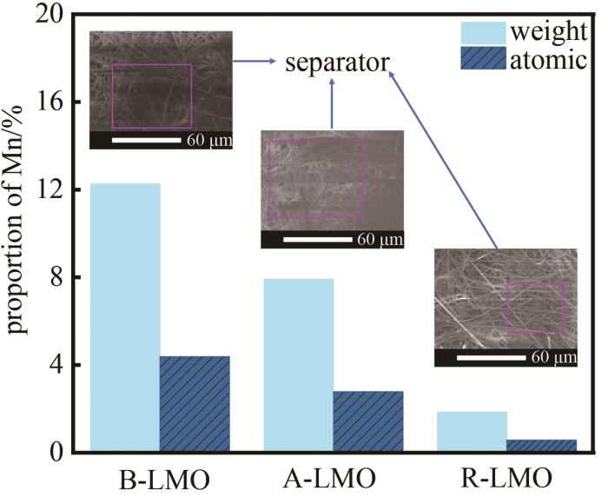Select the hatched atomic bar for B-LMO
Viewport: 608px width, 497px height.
pyautogui.click(x=195, y=404)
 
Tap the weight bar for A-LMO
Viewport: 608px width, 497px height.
pyautogui.click(x=298, y=365)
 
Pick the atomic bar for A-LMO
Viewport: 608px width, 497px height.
pyautogui.click(x=368, y=421)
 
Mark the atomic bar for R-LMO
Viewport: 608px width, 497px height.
pyautogui.click(x=542, y=445)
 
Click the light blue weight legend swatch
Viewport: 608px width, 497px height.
pyautogui.click(x=481, y=33)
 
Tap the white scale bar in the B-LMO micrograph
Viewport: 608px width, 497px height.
pyautogui.click(x=144, y=139)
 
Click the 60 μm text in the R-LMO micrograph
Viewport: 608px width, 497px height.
pyautogui.click(x=552, y=356)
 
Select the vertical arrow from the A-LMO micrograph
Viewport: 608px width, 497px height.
pyautogui.click(x=332, y=103)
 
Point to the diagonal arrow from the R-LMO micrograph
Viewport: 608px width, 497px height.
pyautogui.click(x=443, y=161)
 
